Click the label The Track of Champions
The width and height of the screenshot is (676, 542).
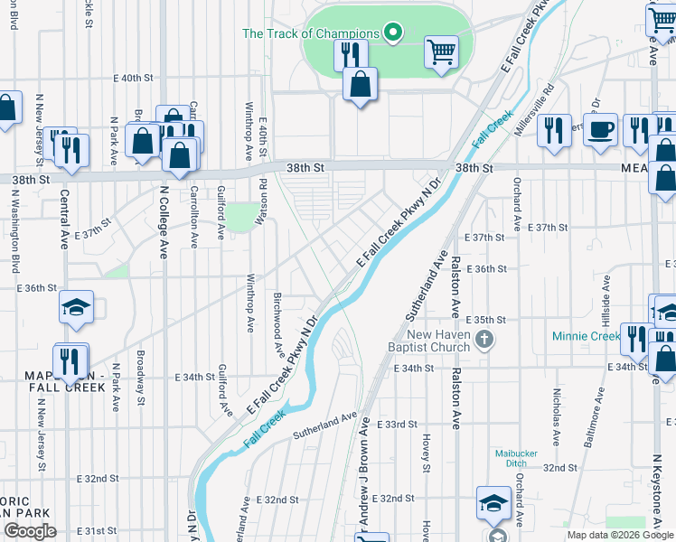click(x=310, y=34)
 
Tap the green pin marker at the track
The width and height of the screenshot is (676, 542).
click(x=392, y=33)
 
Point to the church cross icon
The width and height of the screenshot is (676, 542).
click(x=484, y=340)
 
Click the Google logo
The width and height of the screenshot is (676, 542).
click(x=30, y=530)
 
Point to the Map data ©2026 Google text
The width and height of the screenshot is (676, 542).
click(x=620, y=535)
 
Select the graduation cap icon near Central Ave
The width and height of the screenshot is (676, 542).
click(x=77, y=308)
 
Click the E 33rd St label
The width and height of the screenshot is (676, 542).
click(x=396, y=424)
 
